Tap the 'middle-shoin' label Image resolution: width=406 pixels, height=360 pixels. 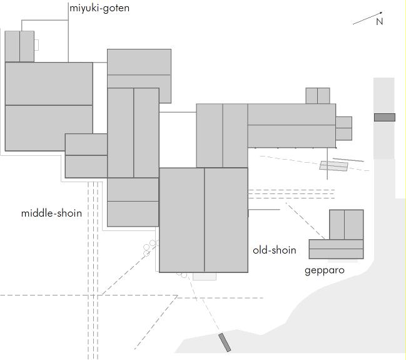click(51, 213)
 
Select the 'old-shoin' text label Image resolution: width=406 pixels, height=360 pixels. click(274, 250)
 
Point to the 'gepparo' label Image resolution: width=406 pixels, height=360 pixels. click(324, 271)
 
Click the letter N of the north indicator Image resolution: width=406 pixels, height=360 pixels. click(379, 22)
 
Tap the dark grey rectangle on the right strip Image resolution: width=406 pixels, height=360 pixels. click(384, 117)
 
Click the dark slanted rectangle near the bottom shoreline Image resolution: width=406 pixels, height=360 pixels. click(225, 342)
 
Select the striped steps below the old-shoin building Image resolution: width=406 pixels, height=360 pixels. click(204, 276)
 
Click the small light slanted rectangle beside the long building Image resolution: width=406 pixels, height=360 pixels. click(333, 166)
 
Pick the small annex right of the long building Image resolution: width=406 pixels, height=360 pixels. click(343, 128)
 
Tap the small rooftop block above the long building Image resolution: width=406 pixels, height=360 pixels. click(317, 96)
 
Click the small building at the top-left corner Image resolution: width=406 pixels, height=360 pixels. click(19, 46)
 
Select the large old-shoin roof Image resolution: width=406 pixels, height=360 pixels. click(203, 220)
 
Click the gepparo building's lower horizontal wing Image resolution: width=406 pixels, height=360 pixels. click(336, 249)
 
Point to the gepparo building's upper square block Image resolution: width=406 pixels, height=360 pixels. click(346, 224)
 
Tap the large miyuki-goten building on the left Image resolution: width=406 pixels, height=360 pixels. click(48, 106)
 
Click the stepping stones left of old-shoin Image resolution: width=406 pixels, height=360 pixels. click(151, 245)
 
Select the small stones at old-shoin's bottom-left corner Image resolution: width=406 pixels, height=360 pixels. click(181, 274)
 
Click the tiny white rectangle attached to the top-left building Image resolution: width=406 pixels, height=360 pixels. click(36, 45)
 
